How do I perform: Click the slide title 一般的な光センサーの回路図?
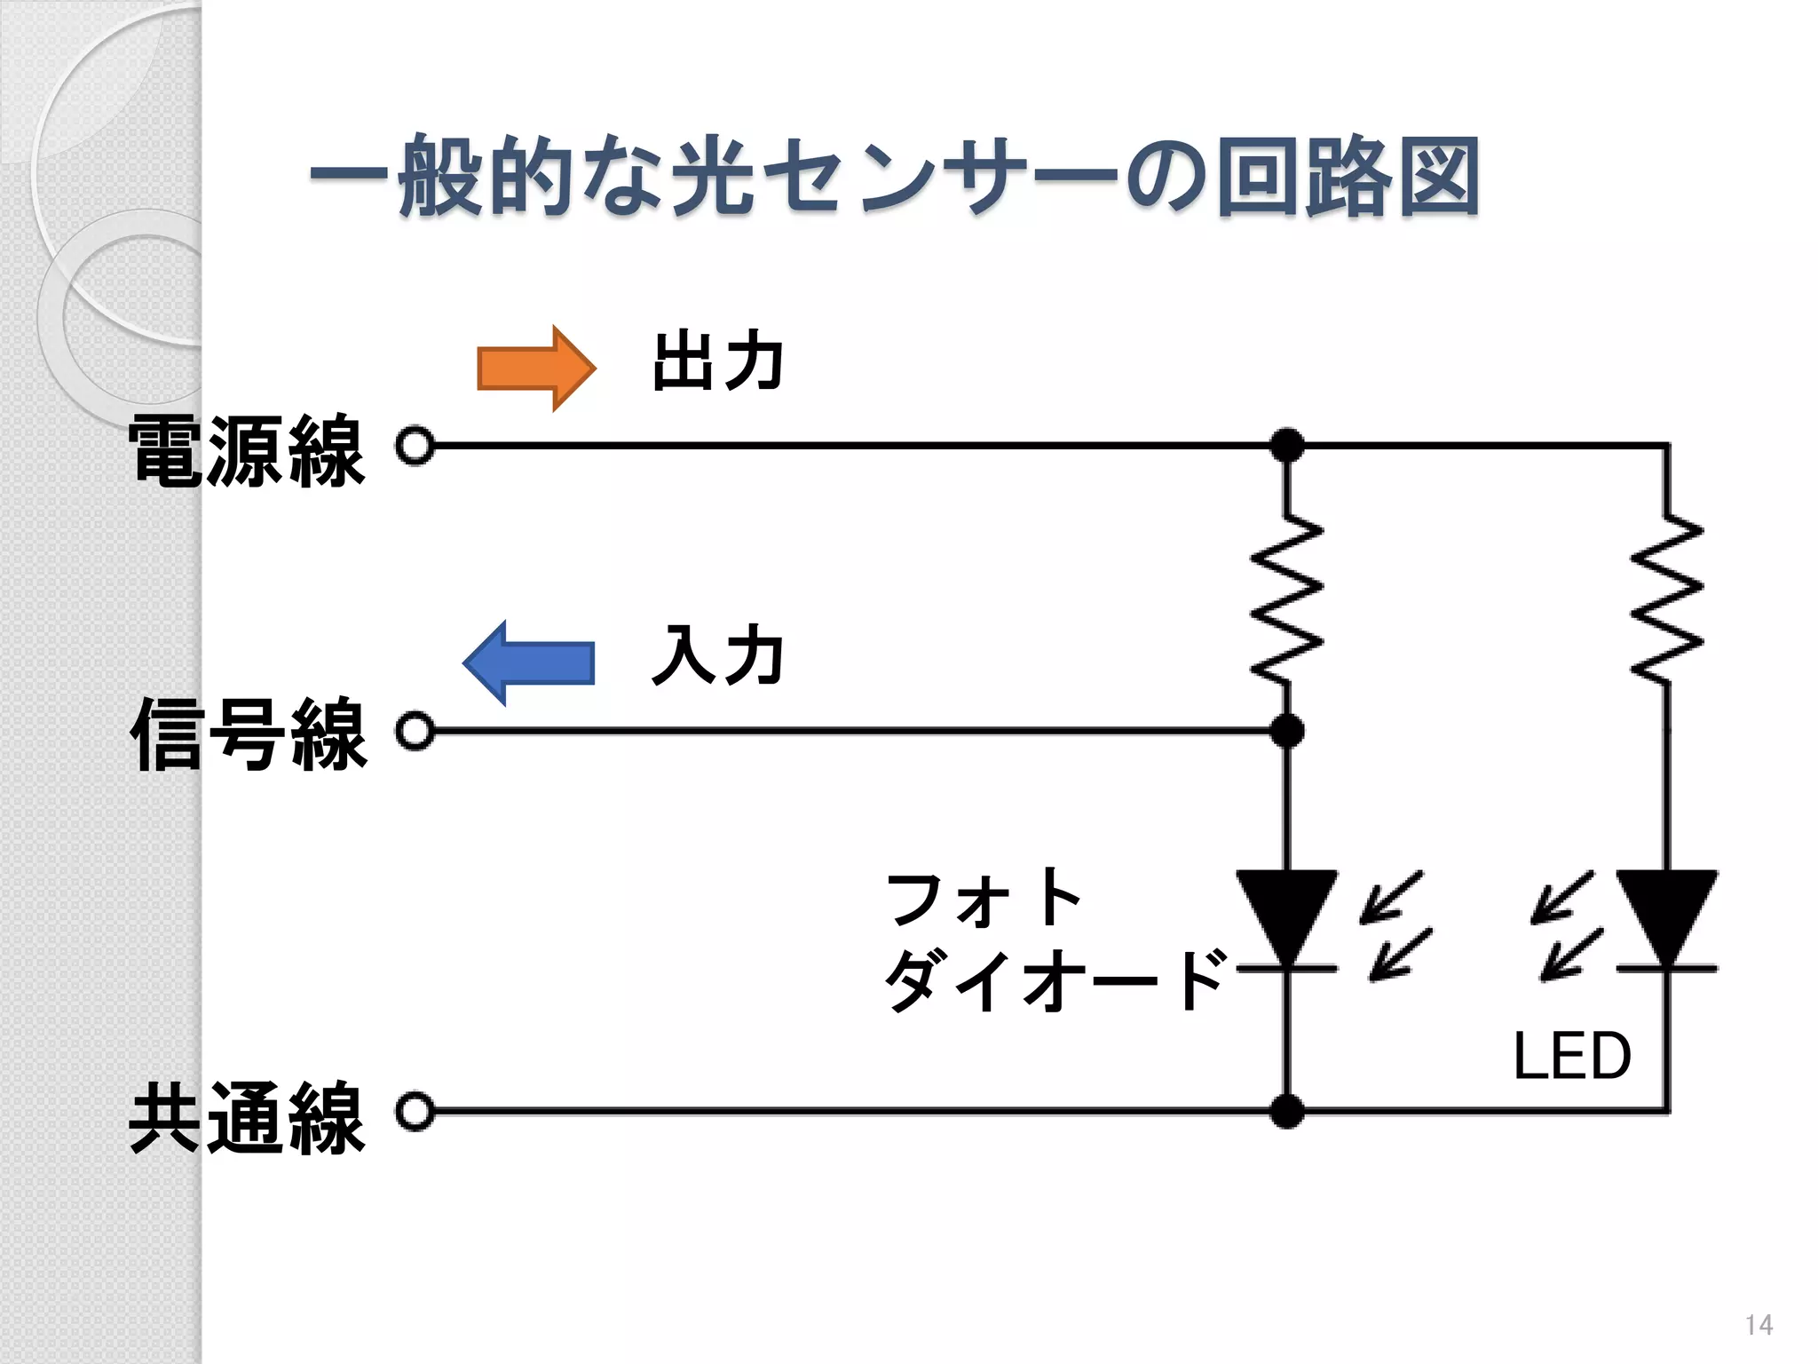click(893, 177)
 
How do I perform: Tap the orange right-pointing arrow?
click(535, 368)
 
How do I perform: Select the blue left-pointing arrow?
click(529, 662)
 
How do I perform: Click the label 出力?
click(717, 361)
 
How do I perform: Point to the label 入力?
click(717, 655)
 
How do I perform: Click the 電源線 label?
click(247, 451)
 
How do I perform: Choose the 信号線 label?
click(247, 734)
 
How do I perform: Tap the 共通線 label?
click(247, 1117)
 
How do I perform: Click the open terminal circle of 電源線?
click(415, 446)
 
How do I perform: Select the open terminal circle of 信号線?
click(415, 732)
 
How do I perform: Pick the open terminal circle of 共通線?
click(415, 1112)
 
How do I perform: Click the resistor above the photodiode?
click(1287, 600)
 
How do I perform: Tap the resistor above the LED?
click(1667, 600)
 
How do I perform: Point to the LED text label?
click(1572, 1056)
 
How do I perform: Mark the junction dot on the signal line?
click(1287, 732)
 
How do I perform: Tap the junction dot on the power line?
click(1287, 446)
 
